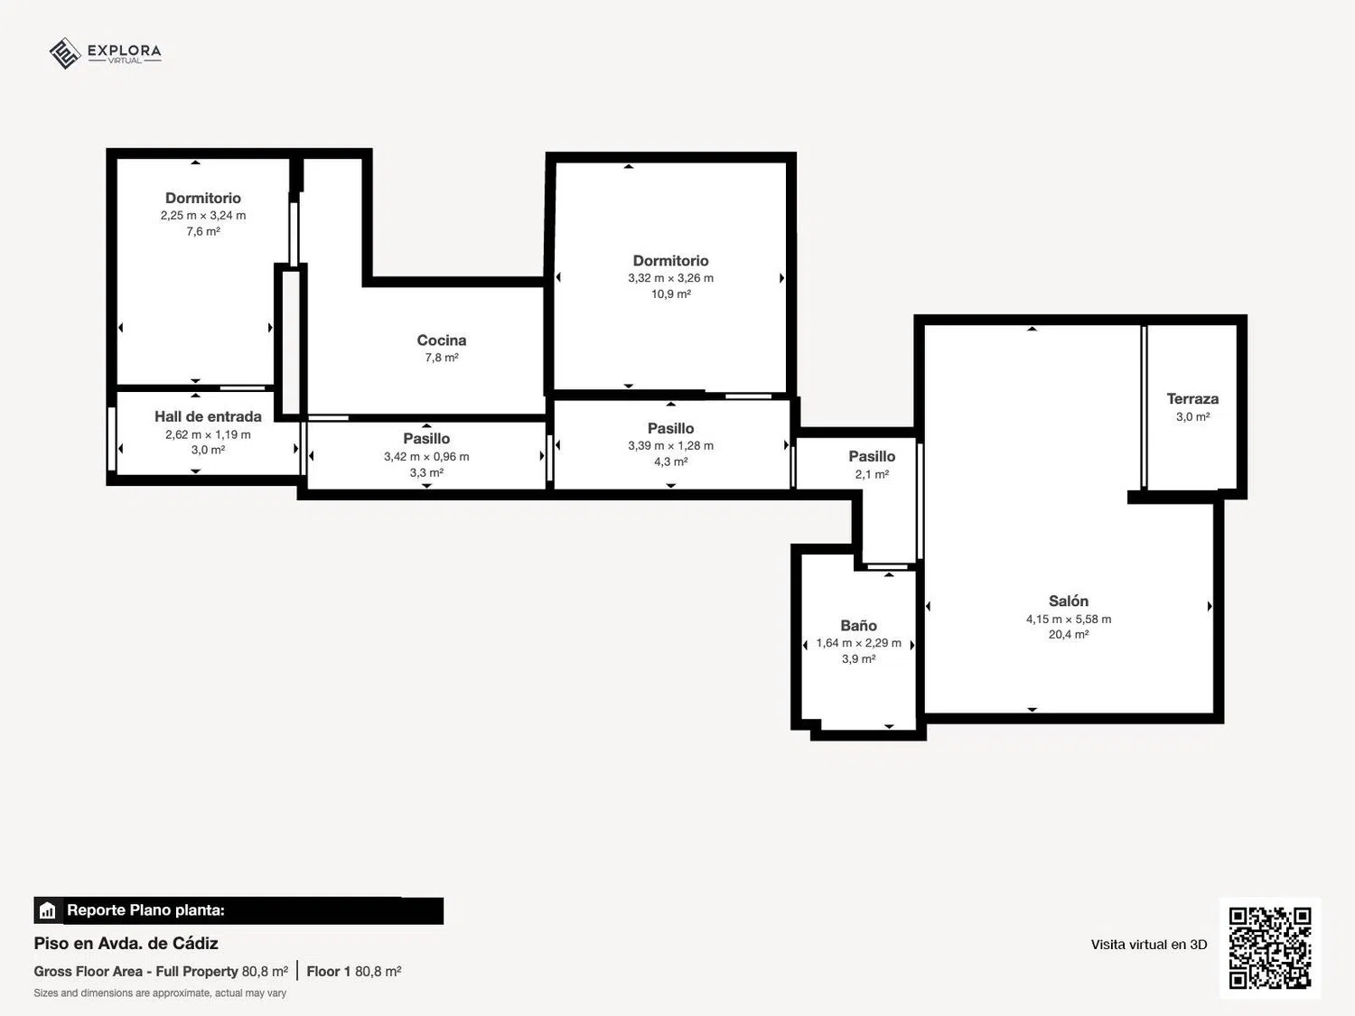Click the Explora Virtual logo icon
(65, 53)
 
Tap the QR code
(1270, 947)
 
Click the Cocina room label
(442, 340)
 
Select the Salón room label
(1068, 601)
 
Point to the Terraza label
(1192, 399)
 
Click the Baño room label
(858, 626)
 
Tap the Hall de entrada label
(208, 417)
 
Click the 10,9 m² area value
(670, 294)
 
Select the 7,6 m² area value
(203, 231)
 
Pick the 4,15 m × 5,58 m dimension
(1069, 620)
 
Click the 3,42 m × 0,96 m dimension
(426, 457)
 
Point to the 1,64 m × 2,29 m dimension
(859, 643)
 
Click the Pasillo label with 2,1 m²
(872, 456)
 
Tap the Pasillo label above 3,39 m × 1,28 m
(670, 428)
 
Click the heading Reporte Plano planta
(145, 910)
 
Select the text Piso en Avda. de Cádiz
(126, 943)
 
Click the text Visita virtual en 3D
(1149, 945)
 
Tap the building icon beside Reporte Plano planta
(48, 910)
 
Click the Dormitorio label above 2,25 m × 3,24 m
(203, 198)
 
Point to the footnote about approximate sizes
(160, 993)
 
